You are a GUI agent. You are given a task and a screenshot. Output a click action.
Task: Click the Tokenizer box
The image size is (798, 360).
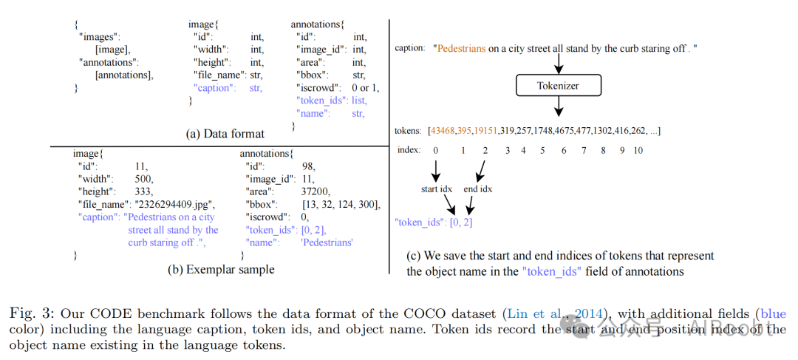tap(558, 86)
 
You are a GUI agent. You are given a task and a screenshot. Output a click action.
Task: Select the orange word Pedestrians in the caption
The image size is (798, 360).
tap(461, 48)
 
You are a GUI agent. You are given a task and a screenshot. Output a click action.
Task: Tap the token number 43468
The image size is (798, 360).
tap(445, 131)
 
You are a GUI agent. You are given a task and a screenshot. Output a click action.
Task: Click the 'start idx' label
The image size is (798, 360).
tap(437, 189)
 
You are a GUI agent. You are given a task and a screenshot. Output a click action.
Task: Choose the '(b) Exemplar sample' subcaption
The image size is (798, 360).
tap(221, 270)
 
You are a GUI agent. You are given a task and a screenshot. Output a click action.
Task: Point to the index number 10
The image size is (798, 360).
tap(638, 150)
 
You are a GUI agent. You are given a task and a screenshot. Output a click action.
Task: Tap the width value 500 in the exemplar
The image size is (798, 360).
tap(146, 178)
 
